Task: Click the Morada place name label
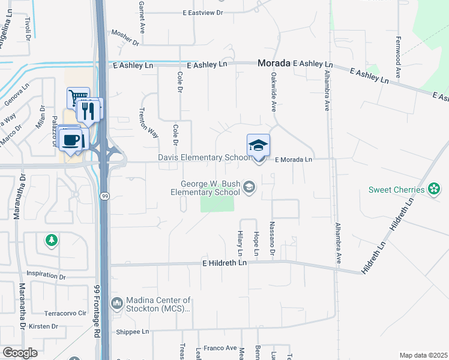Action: click(274, 62)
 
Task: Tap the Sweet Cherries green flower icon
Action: click(434, 190)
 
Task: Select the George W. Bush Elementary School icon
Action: click(249, 188)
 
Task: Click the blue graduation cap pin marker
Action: click(259, 146)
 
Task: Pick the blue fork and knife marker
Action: click(88, 110)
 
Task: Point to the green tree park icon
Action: click(52, 241)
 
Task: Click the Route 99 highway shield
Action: click(104, 196)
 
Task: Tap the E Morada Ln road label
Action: click(294, 160)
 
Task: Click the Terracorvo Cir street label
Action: click(65, 313)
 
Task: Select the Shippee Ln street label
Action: click(131, 331)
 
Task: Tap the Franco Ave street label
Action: click(219, 347)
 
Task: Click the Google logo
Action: click(20, 352)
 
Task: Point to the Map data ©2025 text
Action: click(423, 355)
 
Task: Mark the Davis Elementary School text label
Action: click(203, 158)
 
